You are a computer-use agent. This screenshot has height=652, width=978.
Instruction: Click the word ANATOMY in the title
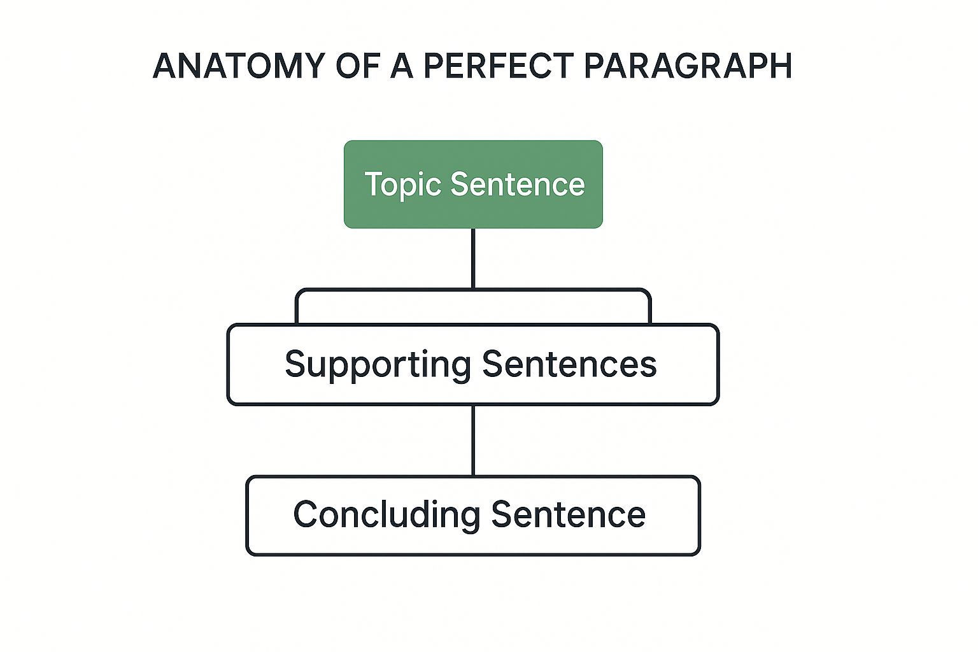pos(235,66)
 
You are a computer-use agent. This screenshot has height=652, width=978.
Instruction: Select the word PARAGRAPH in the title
pos(687,66)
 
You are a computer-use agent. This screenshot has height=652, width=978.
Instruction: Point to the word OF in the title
pos(358,66)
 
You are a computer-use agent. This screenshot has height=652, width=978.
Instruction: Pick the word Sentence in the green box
pos(517,185)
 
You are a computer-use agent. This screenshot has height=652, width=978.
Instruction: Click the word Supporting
pos(378,364)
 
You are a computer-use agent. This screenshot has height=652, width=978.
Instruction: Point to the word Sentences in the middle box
pos(569,364)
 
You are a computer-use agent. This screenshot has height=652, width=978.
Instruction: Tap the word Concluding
pos(386,514)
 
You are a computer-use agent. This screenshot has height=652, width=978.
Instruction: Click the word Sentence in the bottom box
pos(568,514)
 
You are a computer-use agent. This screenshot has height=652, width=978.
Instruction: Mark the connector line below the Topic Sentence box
pos(473,258)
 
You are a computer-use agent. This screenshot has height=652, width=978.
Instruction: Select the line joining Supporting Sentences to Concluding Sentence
pos(473,441)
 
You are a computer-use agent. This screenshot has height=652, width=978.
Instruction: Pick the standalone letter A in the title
pos(402,66)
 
